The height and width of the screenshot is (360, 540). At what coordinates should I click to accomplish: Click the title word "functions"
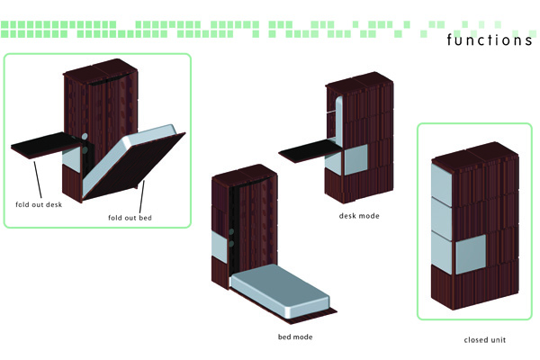point(490,40)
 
